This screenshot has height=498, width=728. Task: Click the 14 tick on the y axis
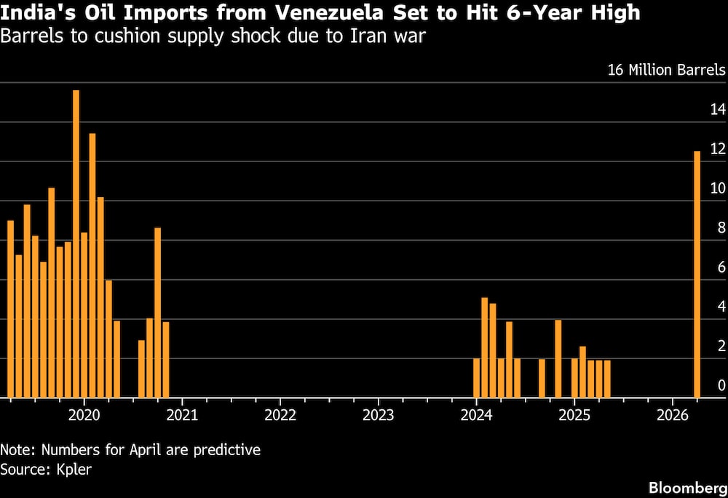718,110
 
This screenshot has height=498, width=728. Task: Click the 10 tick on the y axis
718,188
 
